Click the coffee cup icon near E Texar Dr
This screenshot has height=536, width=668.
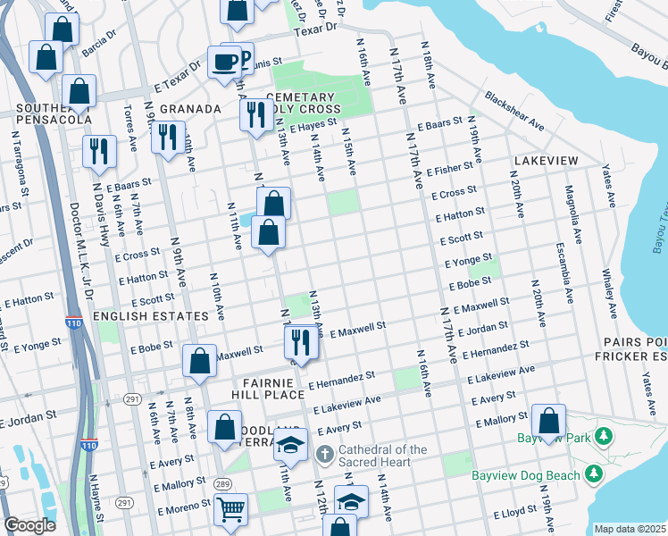click(223, 63)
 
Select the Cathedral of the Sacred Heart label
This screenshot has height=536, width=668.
click(383, 456)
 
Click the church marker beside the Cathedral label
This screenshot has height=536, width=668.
click(324, 456)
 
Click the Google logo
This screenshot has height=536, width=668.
click(29, 525)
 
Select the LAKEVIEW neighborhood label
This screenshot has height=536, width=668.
click(546, 160)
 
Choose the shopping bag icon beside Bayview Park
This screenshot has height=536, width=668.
click(548, 421)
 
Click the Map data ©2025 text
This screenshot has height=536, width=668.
click(629, 529)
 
